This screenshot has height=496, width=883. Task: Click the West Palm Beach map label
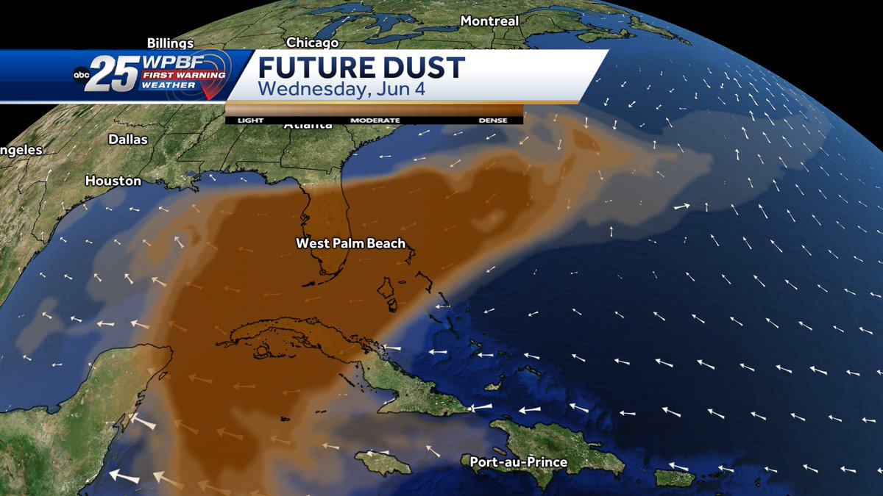click(x=350, y=243)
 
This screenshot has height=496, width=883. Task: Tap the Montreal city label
click(x=489, y=21)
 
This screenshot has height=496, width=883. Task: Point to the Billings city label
click(x=170, y=43)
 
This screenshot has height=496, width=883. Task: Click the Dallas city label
click(x=128, y=139)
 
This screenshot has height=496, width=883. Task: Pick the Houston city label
click(x=113, y=180)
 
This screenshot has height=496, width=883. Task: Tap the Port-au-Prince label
click(x=519, y=462)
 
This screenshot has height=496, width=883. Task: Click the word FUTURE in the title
click(x=313, y=68)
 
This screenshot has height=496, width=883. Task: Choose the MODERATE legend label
click(x=375, y=120)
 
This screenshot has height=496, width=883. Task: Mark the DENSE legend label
click(x=493, y=120)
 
